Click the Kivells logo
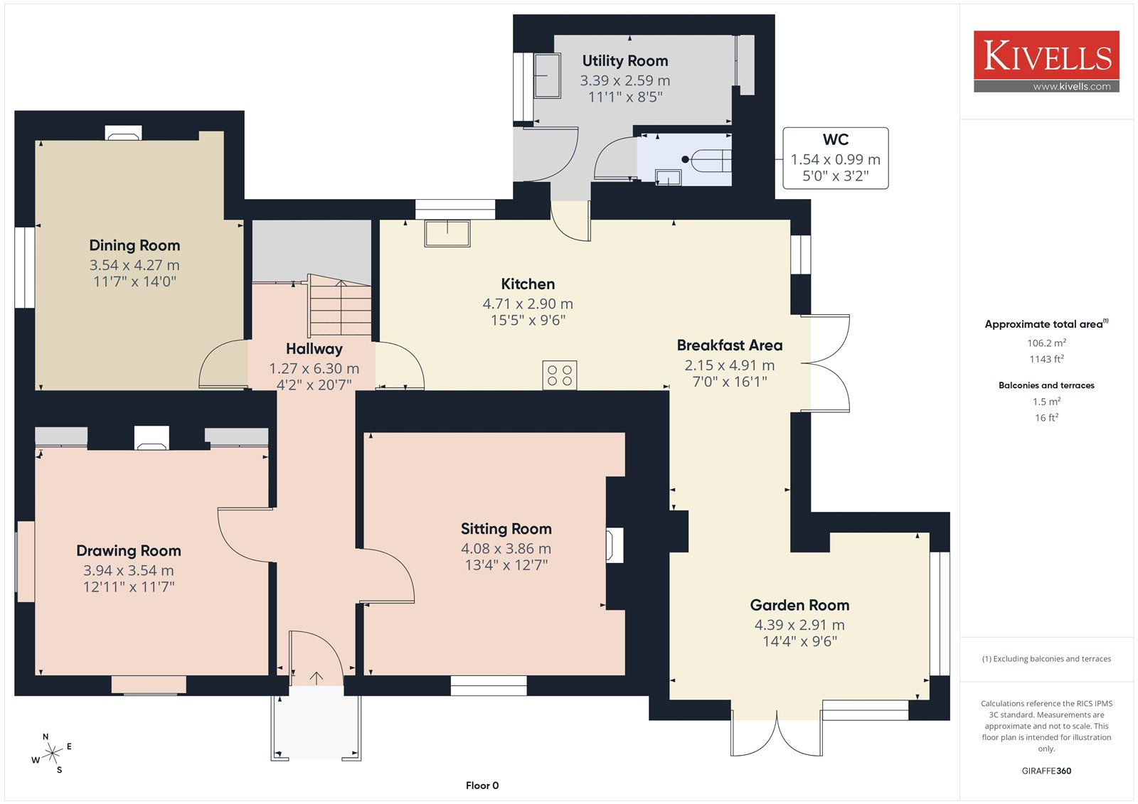(x=1046, y=61)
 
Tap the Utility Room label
(x=625, y=61)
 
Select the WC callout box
(x=835, y=159)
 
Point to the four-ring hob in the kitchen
(x=559, y=375)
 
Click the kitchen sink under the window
(x=447, y=233)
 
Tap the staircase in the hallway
(x=340, y=305)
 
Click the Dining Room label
(x=134, y=245)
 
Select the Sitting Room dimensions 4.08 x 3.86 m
(x=506, y=549)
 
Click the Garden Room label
(x=799, y=605)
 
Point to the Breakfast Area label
(x=730, y=345)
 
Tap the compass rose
(x=52, y=754)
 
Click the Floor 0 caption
(x=482, y=786)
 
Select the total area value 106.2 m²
(x=1046, y=343)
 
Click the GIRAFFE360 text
(x=1046, y=771)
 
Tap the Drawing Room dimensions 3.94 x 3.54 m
(x=129, y=570)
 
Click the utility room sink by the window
(x=547, y=75)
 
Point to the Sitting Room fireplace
(x=615, y=545)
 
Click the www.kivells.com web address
(x=1071, y=87)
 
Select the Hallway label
(x=314, y=349)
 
